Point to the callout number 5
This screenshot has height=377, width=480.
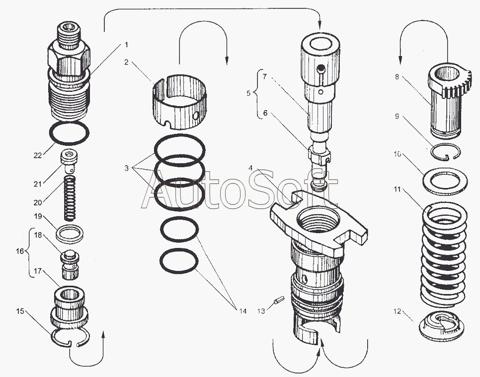pos(249,92)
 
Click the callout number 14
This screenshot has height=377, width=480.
pos(241,311)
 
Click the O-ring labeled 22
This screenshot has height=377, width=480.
pos(70,132)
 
